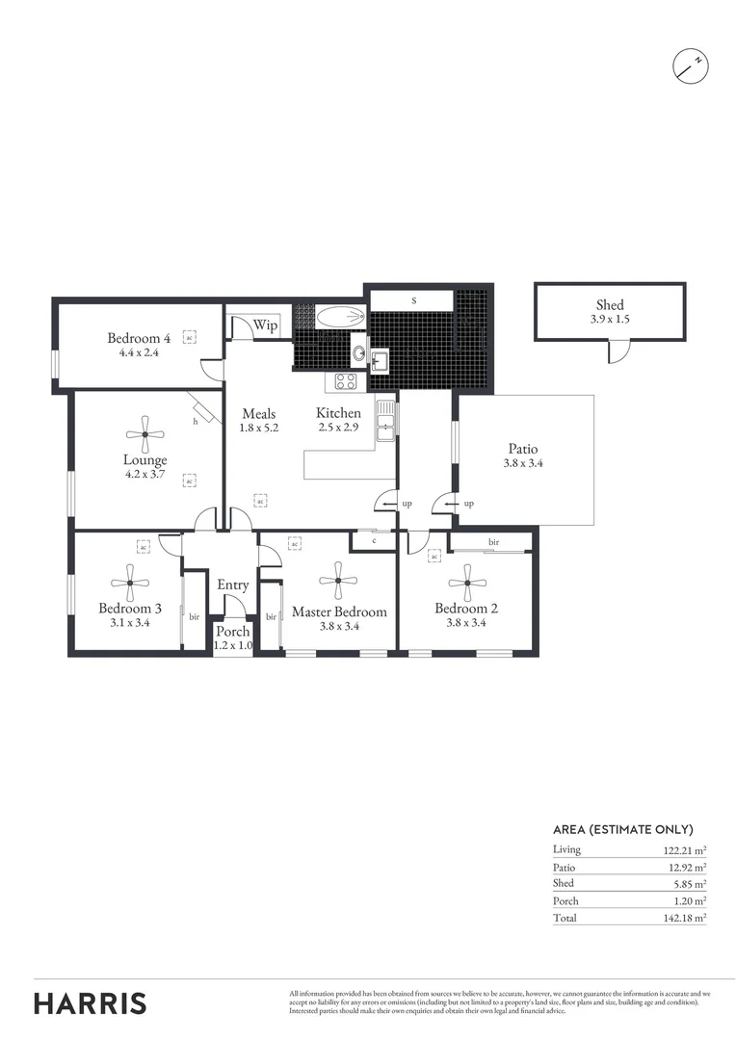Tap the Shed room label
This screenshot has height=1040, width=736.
click(x=609, y=305)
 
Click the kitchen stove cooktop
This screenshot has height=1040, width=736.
click(x=345, y=381)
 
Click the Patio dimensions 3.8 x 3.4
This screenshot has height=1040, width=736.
click(x=523, y=463)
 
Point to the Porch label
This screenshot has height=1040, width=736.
click(x=232, y=632)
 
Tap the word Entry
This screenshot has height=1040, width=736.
click(x=232, y=585)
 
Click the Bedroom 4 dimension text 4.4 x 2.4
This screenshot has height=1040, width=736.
click(x=139, y=352)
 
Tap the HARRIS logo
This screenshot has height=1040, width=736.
click(x=91, y=1002)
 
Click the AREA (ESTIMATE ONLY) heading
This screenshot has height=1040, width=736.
click(x=622, y=829)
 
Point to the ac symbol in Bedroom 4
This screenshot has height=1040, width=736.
click(x=190, y=337)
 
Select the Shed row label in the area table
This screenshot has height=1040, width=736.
click(x=564, y=883)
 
